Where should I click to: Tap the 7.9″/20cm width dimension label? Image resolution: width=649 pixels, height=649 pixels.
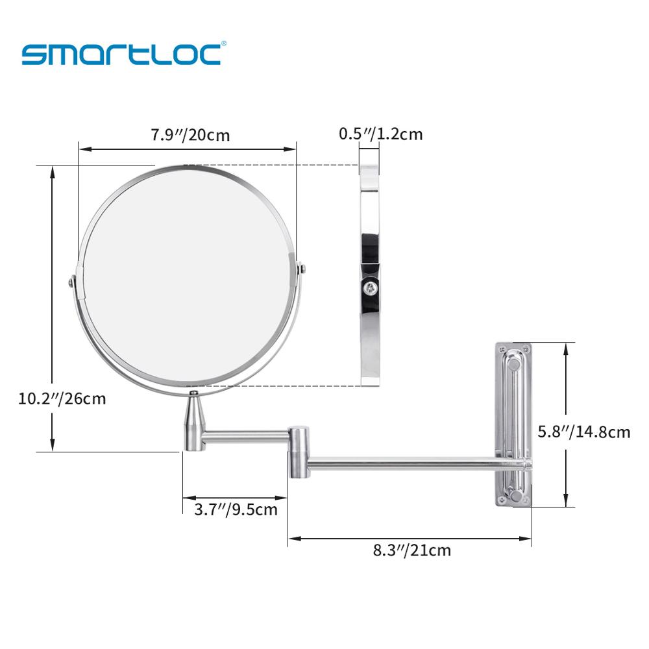190,136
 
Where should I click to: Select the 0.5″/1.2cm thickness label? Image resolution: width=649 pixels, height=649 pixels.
380,134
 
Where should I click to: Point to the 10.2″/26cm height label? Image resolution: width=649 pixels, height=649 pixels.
62,398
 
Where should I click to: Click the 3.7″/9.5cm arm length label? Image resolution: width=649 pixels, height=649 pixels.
236,509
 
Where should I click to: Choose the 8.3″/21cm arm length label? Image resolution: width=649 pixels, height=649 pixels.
411,551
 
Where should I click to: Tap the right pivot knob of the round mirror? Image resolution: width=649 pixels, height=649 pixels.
300,267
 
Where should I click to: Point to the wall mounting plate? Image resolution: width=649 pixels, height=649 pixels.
513,424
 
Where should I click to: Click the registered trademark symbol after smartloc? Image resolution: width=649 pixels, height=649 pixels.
224,44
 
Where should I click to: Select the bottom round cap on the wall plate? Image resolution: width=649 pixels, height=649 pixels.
516,496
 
